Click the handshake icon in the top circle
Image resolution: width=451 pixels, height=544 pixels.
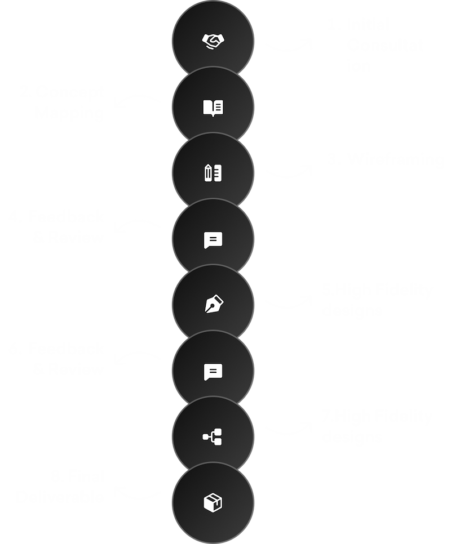click(213, 41)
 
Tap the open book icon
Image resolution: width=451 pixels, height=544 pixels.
click(213, 107)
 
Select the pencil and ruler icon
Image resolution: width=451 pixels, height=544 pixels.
click(213, 173)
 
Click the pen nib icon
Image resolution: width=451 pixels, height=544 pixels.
click(213, 305)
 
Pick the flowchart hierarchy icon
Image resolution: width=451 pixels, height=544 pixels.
click(213, 435)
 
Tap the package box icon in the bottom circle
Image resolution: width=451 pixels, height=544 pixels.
click(213, 502)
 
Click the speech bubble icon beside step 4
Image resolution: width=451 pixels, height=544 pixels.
click(213, 240)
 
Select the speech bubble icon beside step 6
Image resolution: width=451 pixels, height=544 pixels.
click(213, 371)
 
